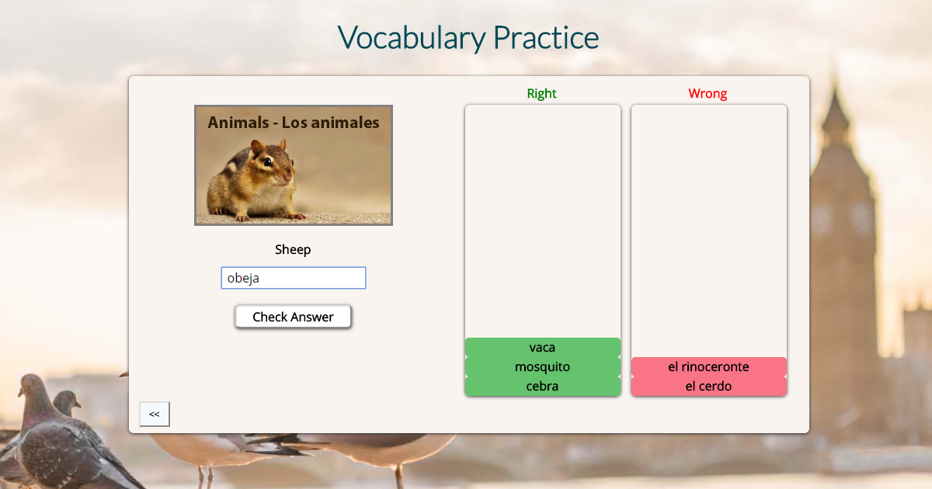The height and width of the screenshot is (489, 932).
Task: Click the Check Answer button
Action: (x=293, y=317)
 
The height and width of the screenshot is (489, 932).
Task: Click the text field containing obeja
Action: (x=293, y=278)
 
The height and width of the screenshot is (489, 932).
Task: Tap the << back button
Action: (x=154, y=414)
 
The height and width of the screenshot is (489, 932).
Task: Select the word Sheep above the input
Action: (x=293, y=249)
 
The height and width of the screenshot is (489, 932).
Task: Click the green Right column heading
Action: (x=541, y=93)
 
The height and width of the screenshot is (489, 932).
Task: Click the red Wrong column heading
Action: (x=708, y=93)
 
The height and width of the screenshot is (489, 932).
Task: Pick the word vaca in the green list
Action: (x=542, y=347)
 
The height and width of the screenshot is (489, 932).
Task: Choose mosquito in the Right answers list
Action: (x=542, y=366)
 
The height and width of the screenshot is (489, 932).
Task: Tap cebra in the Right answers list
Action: (x=542, y=386)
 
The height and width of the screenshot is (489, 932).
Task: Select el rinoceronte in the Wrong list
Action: (x=708, y=366)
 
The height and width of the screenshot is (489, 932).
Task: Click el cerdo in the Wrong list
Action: (x=708, y=386)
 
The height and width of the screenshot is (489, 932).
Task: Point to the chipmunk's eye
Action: (x=266, y=161)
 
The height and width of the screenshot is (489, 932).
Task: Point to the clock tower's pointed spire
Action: (x=834, y=101)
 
